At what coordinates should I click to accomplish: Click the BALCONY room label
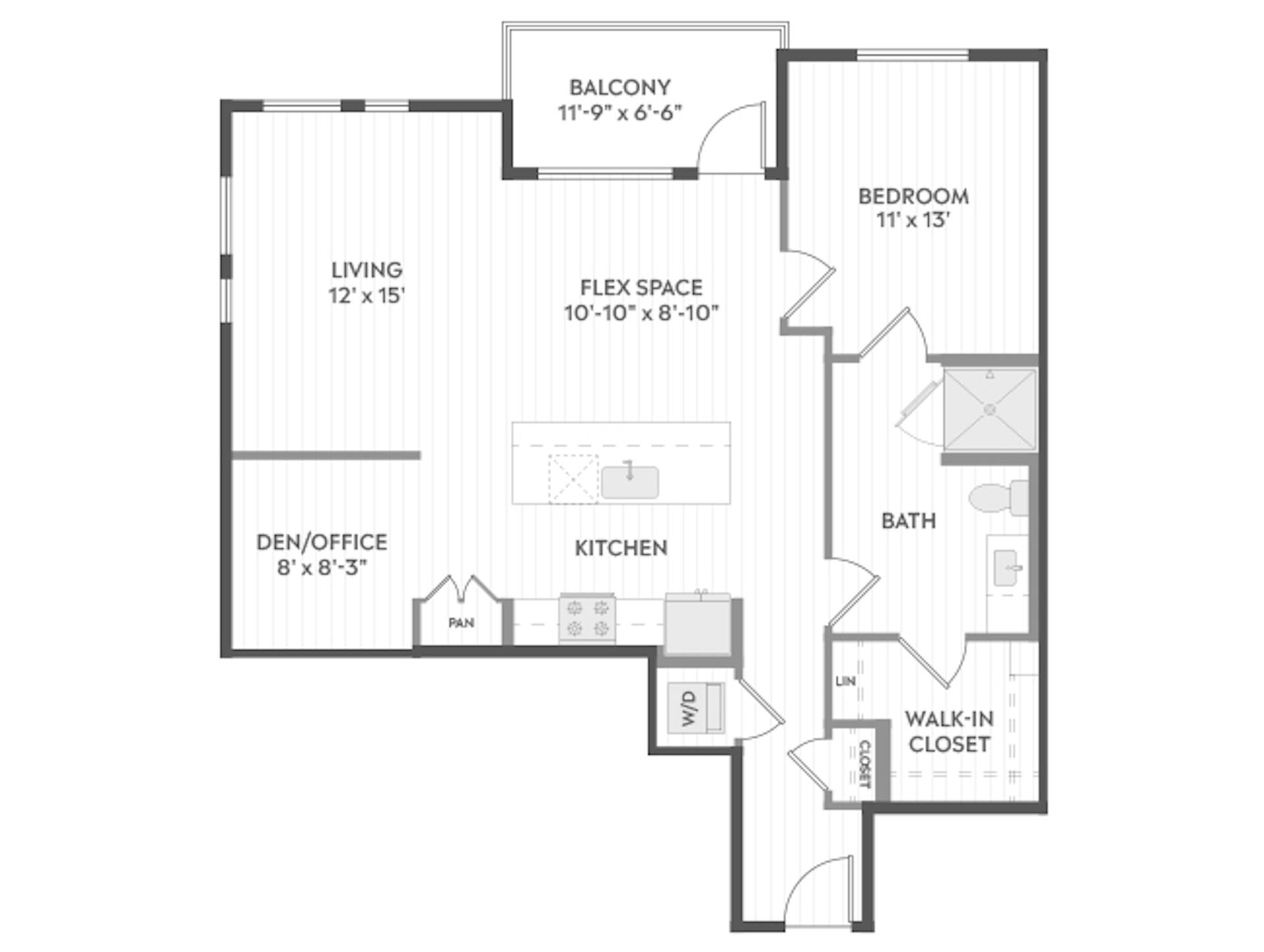(x=619, y=88)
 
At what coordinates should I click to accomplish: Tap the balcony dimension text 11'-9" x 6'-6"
(x=619, y=113)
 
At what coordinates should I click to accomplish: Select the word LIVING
(x=367, y=270)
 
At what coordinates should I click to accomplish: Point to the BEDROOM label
(x=913, y=196)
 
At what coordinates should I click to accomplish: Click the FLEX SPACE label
(x=641, y=288)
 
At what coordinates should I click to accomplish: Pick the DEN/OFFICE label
(x=321, y=542)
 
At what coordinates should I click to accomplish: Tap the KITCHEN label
(x=621, y=548)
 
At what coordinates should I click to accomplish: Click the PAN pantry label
(x=461, y=622)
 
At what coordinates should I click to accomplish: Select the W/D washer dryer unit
(x=696, y=708)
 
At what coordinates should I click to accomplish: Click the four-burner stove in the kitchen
(x=587, y=618)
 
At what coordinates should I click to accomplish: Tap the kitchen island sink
(x=629, y=482)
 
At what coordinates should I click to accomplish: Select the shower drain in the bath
(x=989, y=410)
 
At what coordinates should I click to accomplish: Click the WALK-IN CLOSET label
(x=949, y=731)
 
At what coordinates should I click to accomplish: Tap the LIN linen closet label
(x=845, y=681)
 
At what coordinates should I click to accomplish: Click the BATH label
(x=908, y=521)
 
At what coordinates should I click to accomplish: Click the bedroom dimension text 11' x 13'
(x=913, y=220)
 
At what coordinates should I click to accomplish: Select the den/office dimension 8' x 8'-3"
(x=321, y=567)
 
